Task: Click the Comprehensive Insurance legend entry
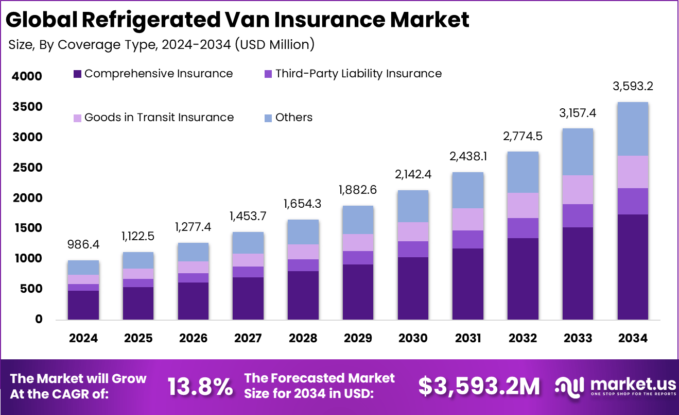[153, 74]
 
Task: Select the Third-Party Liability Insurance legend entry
[353, 74]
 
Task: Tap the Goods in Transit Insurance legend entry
[153, 118]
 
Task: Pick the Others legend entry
[288, 118]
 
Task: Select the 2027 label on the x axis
[248, 338]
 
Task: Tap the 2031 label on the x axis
[468, 338]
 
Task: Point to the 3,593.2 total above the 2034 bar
[633, 87]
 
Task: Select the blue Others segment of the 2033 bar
[578, 152]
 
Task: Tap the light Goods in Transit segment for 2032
[523, 205]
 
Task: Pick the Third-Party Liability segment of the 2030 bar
[413, 249]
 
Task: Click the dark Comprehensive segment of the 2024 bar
[83, 305]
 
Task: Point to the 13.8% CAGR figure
[200, 386]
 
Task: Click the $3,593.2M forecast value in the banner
[479, 386]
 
